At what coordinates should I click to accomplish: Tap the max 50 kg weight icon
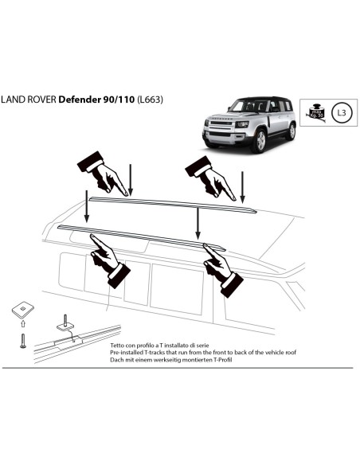pyautogui.click(x=317, y=113)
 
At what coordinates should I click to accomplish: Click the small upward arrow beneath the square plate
pyautogui.click(x=22, y=324)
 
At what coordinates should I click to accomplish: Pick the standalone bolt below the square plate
pyautogui.click(x=22, y=340)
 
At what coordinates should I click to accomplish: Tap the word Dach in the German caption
pyautogui.click(x=115, y=360)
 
